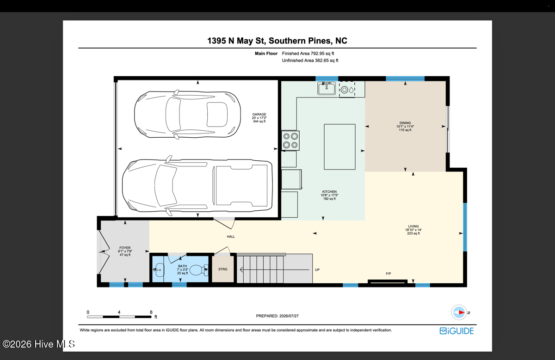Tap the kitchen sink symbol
(x=327, y=88)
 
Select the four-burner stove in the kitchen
(x=290, y=140)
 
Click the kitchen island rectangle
(x=339, y=147)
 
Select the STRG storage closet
(x=223, y=269)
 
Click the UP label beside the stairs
(x=317, y=269)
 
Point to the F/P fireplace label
(x=388, y=274)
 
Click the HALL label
(x=231, y=237)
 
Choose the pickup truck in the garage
(x=197, y=185)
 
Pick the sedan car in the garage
(x=187, y=114)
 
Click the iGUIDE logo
(x=456, y=331)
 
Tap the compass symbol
(x=459, y=312)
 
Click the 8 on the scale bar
(x=151, y=312)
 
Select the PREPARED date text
(x=277, y=316)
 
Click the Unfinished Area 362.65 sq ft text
(x=310, y=61)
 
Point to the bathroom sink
(x=158, y=270)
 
